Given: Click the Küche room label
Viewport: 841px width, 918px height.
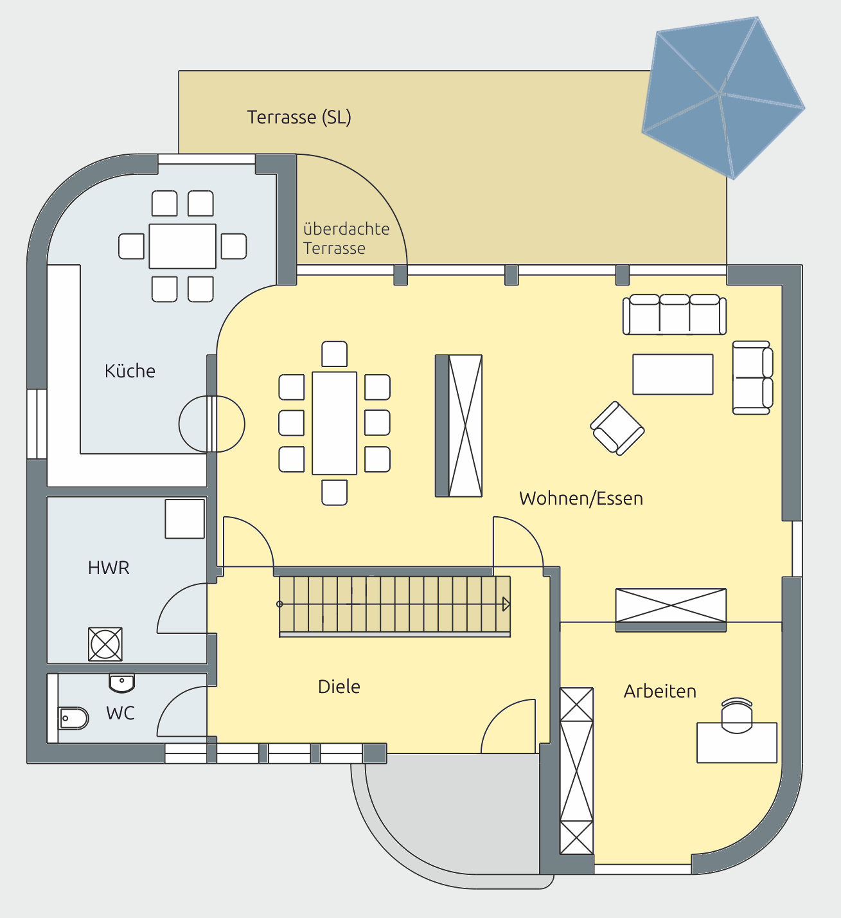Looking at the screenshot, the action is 130,371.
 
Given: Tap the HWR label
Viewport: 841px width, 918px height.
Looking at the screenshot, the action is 109,568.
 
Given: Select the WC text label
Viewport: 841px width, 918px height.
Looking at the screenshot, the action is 120,713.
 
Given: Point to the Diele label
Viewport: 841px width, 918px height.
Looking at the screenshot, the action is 339,687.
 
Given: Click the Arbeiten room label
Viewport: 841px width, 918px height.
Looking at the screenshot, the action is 660,691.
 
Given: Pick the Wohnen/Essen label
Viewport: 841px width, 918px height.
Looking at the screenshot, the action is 581,498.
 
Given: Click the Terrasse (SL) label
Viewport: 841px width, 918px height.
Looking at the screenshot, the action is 299,117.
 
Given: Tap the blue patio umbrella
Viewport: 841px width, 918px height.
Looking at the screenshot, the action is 723,98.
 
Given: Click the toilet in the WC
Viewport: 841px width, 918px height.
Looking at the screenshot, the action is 73,718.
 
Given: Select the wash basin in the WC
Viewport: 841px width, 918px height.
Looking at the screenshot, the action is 121,682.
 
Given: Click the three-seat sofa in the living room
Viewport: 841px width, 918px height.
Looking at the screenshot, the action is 675,314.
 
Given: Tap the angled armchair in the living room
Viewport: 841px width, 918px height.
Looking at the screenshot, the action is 617,428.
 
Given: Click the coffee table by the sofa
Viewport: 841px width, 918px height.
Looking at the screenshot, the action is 673,374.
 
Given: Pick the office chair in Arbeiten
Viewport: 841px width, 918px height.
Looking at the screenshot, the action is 737,715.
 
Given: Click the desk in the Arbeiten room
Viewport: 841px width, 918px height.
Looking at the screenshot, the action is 737,742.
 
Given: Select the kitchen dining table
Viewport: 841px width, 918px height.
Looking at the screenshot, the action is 182,246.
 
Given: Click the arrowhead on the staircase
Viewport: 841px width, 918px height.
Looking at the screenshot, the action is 506,604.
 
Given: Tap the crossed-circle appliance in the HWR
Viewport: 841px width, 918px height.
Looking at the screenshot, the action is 105,644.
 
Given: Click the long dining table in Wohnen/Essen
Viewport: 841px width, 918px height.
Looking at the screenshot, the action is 335,423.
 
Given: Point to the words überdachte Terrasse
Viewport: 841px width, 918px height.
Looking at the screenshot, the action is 346,239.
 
